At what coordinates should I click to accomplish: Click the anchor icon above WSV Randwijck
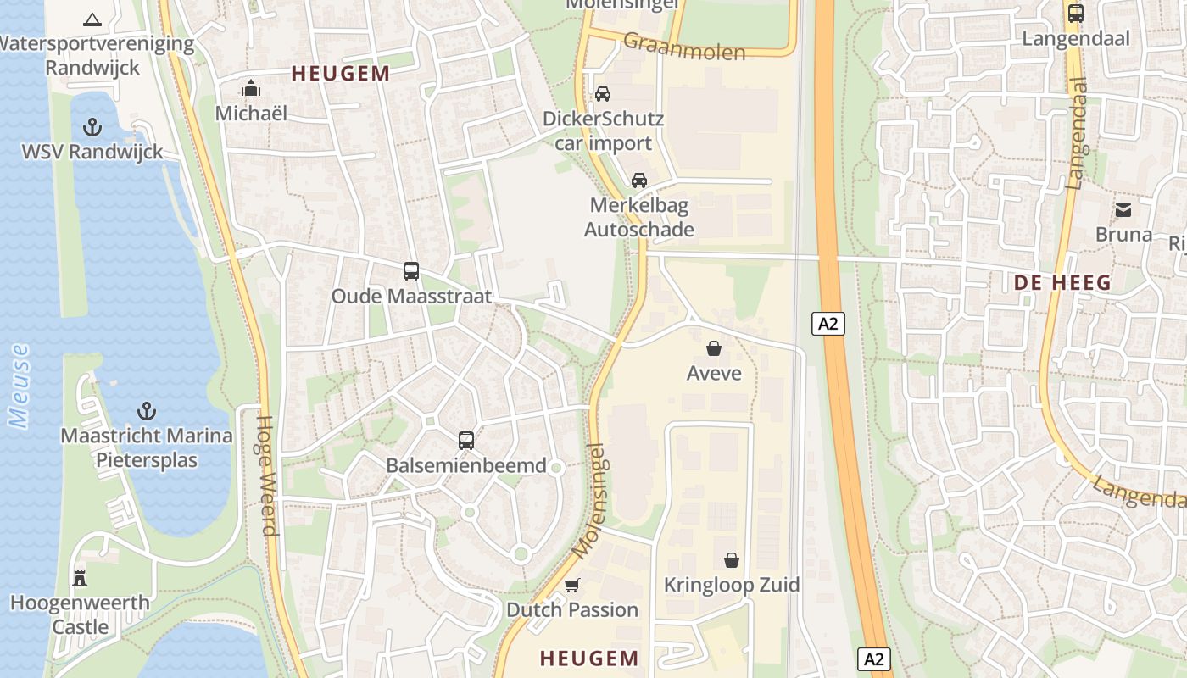click(92, 128)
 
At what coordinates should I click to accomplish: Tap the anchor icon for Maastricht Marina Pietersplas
click(147, 412)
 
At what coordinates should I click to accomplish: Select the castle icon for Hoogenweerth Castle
click(80, 578)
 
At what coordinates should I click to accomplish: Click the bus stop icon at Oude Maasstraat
click(411, 271)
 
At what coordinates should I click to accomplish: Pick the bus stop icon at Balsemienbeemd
click(466, 440)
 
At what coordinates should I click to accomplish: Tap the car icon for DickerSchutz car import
click(603, 94)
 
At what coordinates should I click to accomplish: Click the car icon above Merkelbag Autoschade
click(639, 180)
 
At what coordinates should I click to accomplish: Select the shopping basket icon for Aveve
click(714, 348)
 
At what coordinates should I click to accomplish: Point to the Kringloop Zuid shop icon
click(732, 560)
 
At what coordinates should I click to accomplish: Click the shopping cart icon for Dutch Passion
click(572, 585)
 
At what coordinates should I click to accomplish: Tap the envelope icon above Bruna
click(1123, 209)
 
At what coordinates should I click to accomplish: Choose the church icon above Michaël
click(251, 88)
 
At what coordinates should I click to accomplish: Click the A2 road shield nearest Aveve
click(828, 323)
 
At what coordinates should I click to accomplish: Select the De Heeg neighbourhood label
click(1063, 283)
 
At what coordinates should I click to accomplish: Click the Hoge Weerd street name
click(266, 475)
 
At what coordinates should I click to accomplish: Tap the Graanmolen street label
click(684, 46)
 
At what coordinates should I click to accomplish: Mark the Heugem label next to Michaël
click(341, 74)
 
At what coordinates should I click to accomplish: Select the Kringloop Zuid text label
click(732, 585)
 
